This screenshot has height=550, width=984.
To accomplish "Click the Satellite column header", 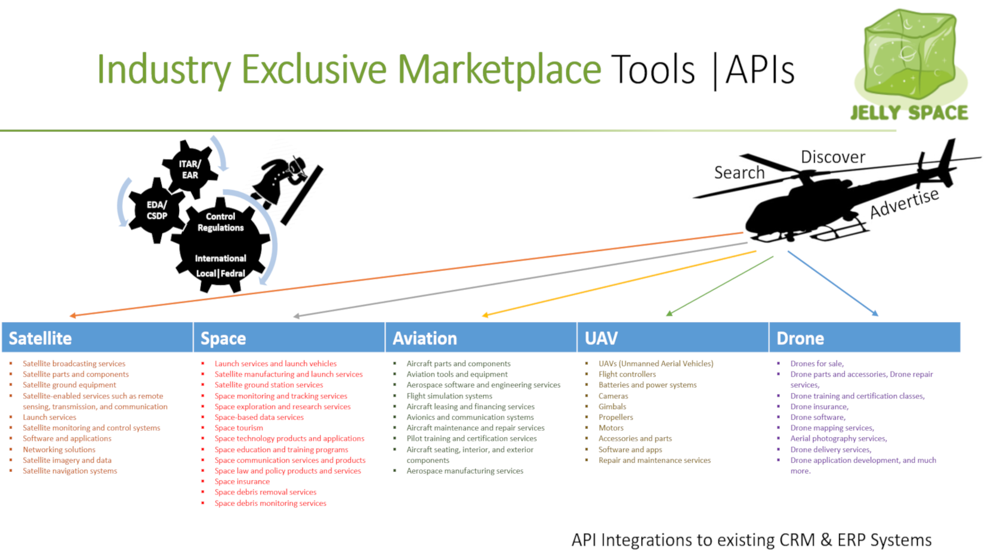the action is click(x=97, y=338).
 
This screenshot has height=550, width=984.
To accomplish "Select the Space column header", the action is click(x=289, y=338).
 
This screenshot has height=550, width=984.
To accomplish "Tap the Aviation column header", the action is click(x=481, y=338).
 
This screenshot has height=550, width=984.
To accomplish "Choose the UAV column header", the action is click(x=673, y=338).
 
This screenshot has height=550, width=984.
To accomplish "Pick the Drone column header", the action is click(x=865, y=338).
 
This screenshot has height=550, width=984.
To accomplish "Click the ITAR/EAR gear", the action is click(x=190, y=169).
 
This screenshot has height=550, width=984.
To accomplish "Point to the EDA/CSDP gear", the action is click(x=156, y=210).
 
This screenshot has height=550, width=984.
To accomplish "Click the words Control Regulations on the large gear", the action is click(x=221, y=222).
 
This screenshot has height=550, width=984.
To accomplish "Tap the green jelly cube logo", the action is click(x=910, y=55).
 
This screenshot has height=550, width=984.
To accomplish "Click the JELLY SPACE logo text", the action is click(x=909, y=113).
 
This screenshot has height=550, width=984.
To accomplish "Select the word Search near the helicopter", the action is click(x=739, y=172).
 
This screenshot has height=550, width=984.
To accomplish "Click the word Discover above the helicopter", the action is click(x=833, y=157).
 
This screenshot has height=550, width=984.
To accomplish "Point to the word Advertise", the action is click(x=905, y=203).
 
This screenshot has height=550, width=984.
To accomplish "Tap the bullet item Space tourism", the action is click(x=239, y=428).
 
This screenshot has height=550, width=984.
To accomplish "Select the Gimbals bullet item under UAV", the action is click(x=612, y=407).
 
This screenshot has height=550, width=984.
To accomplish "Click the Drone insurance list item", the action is click(x=819, y=407).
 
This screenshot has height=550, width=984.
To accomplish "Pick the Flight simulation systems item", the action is click(x=449, y=396).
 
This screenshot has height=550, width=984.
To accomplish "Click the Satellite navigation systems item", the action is click(x=70, y=471).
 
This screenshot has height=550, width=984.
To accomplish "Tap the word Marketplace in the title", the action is click(x=499, y=69).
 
